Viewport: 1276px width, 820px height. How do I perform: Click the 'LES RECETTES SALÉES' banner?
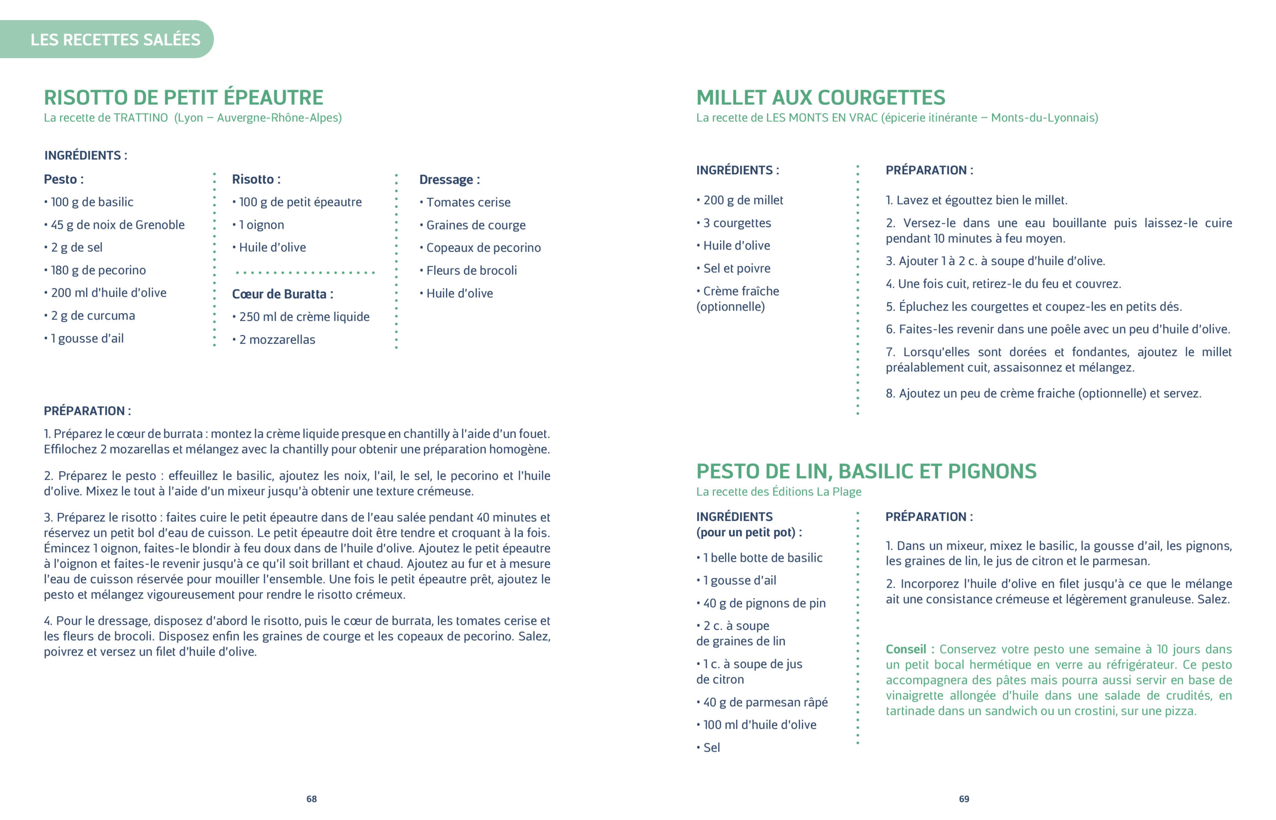coord(115,39)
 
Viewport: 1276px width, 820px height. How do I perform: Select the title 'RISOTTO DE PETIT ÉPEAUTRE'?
coord(183,97)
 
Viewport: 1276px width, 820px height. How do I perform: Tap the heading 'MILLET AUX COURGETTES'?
coord(820,97)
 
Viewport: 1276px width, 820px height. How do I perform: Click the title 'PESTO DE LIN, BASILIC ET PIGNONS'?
coord(866,471)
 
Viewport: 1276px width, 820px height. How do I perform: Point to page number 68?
coord(312,799)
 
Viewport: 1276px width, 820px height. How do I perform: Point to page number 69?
coord(963,799)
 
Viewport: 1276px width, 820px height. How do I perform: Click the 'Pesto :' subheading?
coord(63,179)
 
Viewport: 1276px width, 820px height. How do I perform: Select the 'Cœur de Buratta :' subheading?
coord(282,294)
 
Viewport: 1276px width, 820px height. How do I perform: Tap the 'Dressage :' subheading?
coord(449,180)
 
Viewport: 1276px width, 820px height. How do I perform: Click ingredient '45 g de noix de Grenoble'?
coord(117,225)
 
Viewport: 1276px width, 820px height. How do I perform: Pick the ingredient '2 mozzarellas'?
coord(276,340)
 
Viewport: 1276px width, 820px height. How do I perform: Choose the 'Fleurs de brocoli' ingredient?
coord(471,271)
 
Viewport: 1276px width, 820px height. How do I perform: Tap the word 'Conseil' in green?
coord(906,649)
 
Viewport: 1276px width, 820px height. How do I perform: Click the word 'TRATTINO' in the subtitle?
coord(141,118)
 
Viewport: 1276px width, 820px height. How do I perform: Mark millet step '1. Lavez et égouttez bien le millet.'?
coord(976,200)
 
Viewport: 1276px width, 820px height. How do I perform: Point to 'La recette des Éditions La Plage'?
coord(778,492)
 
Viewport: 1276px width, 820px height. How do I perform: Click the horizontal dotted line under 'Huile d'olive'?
coord(305,272)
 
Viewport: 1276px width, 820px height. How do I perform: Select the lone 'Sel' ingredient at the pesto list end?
coord(711,748)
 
